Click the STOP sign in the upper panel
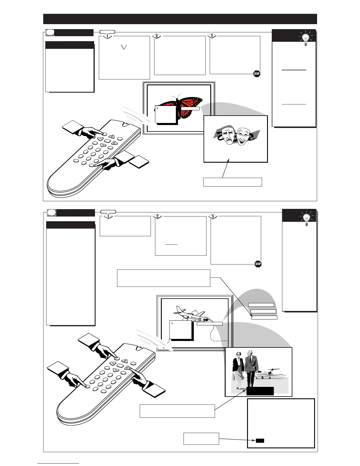[x=257, y=74]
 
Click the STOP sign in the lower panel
[x=258, y=264]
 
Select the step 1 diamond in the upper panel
[x=108, y=36]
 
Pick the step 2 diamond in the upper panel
[x=157, y=36]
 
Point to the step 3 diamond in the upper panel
[x=211, y=36]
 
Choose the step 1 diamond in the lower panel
[x=108, y=216]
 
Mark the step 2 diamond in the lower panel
[x=158, y=216]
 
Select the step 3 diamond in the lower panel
[x=213, y=217]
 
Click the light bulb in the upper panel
[x=306, y=39]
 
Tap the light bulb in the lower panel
[x=306, y=218]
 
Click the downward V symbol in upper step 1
[x=124, y=47]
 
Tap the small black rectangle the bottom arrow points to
[x=260, y=440]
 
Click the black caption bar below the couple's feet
[x=260, y=391]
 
